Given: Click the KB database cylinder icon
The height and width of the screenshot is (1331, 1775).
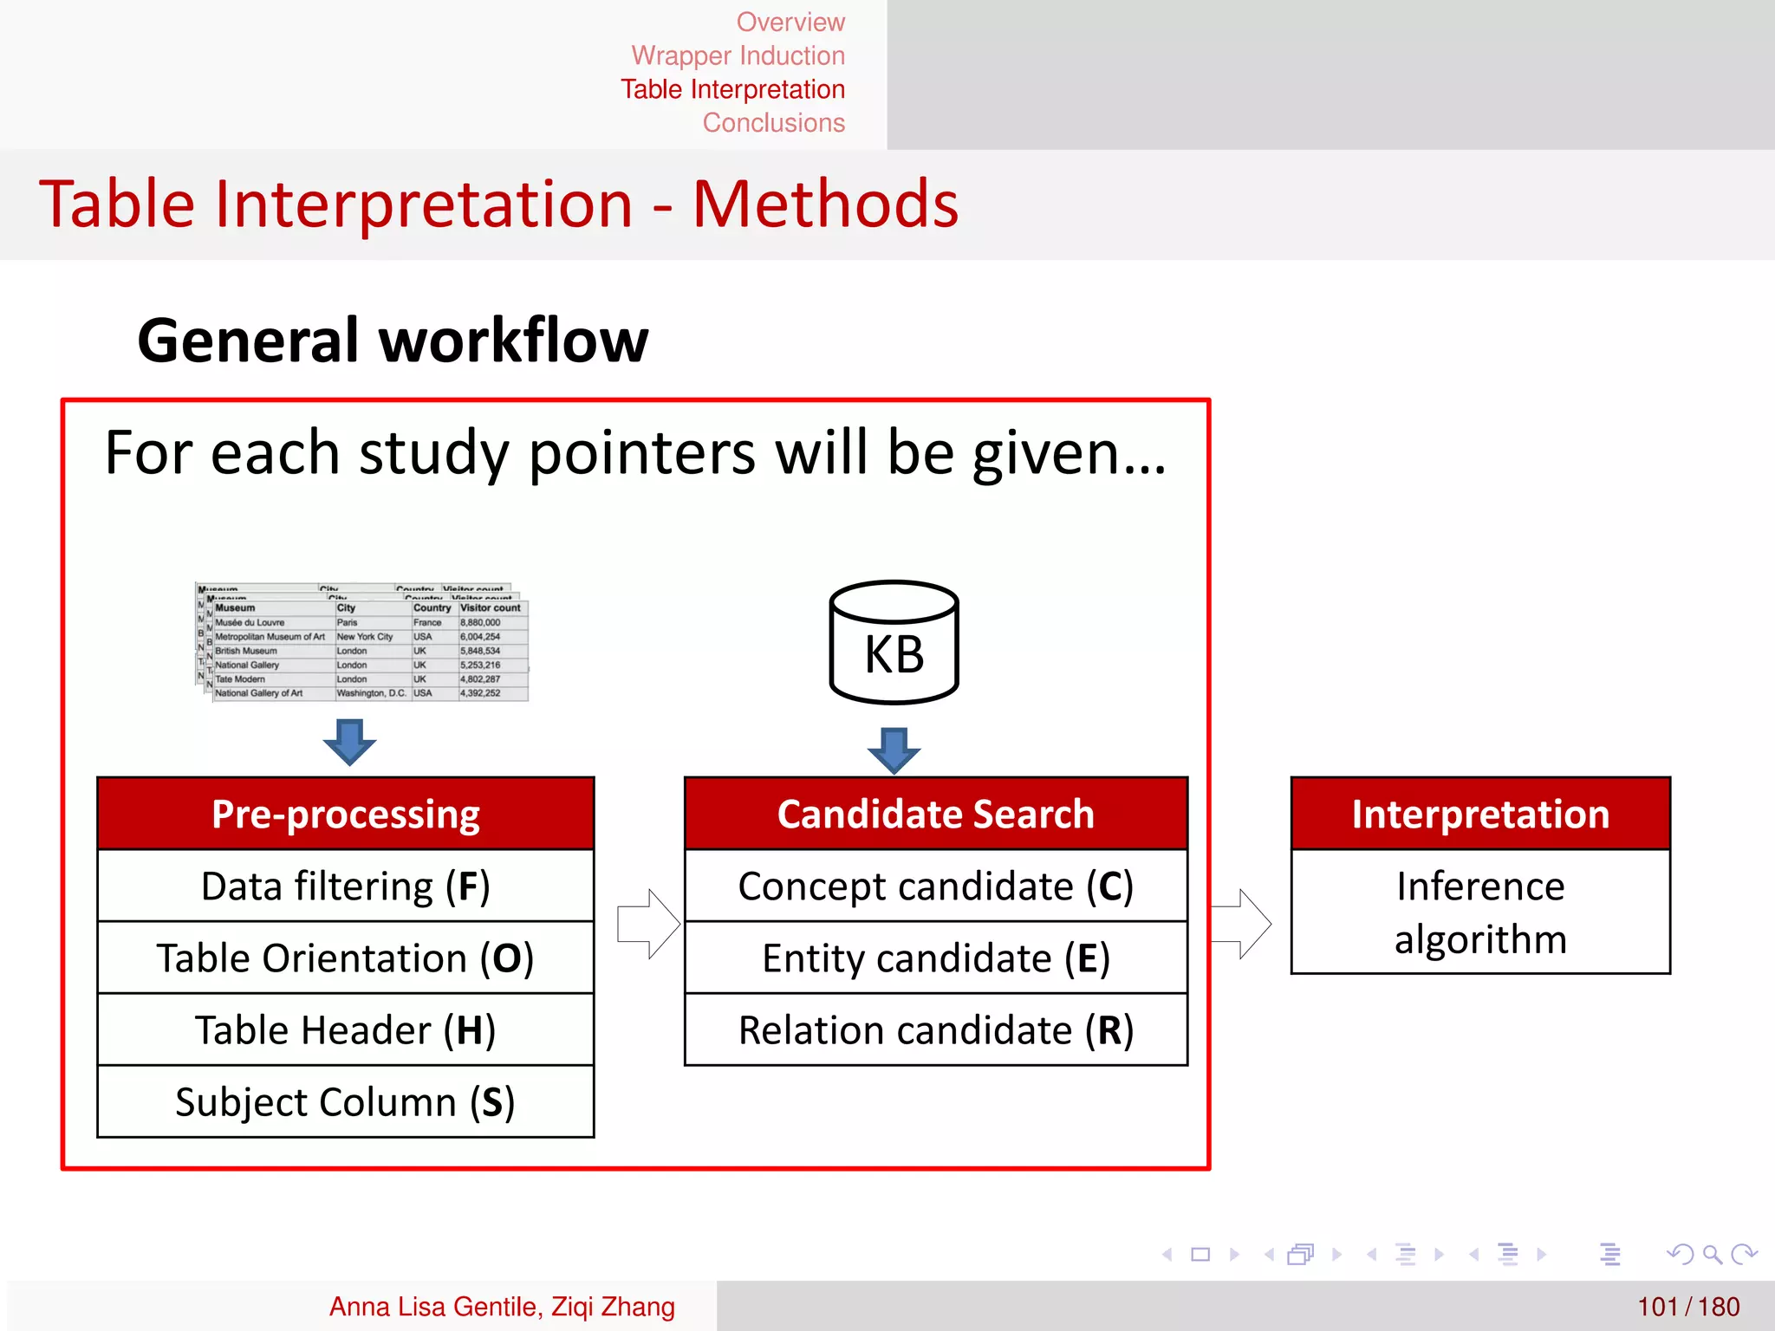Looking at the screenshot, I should click(894, 643).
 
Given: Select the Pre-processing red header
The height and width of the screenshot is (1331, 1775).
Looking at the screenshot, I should click(346, 814).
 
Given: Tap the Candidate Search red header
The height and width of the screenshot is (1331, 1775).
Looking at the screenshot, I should click(935, 814).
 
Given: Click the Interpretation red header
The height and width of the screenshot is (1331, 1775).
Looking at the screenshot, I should click(1479, 814).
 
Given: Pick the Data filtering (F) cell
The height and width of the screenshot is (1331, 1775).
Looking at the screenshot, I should click(346, 886).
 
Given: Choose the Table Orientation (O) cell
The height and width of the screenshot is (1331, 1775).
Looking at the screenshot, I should click(346, 958).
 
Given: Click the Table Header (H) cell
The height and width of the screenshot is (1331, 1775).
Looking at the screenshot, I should click(346, 1029).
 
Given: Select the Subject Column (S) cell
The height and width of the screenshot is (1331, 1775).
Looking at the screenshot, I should click(346, 1101).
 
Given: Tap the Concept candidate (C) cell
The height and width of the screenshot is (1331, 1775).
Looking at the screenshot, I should click(935, 886).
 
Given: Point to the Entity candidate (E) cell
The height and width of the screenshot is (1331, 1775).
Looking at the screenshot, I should click(935, 958).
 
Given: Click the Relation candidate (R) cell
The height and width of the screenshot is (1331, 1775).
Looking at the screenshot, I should click(935, 1029).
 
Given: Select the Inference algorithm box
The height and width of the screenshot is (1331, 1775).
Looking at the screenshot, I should click(1479, 912).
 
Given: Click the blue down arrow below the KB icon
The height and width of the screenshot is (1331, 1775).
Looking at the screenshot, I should click(894, 750).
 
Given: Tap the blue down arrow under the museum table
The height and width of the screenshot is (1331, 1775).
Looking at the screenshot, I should click(349, 742).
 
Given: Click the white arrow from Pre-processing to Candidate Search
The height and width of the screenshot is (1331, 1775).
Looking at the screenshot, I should click(648, 924).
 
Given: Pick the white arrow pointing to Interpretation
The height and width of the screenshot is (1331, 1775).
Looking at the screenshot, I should click(1241, 924).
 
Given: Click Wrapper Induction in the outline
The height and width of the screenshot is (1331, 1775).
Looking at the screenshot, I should click(738, 55).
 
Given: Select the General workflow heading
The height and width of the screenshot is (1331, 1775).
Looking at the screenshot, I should click(393, 340).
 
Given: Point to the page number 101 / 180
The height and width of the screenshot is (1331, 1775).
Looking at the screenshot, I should click(1687, 1306).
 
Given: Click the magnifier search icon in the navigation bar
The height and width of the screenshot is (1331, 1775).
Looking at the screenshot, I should click(1711, 1254).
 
